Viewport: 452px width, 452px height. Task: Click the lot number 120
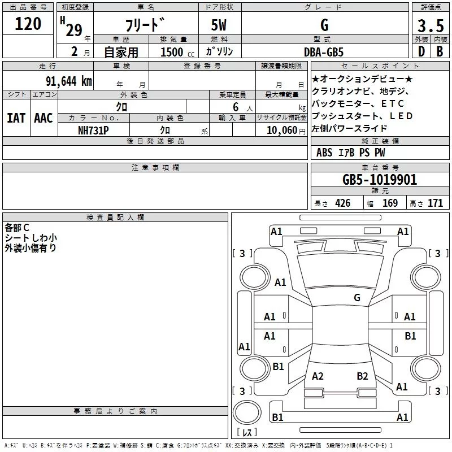28,24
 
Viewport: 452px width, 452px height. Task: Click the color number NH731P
94,130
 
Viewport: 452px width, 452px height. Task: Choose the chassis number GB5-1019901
380,180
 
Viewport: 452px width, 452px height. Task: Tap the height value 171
435,203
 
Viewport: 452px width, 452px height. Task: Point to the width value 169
390,203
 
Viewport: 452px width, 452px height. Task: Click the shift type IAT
16,118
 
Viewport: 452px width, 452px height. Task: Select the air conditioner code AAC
44,118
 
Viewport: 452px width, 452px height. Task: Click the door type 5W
220,26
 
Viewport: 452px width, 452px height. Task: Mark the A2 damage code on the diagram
318,376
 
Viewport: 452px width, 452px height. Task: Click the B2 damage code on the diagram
362,376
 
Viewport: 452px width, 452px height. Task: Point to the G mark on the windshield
357,298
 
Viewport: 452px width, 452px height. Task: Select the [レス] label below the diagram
246,433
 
